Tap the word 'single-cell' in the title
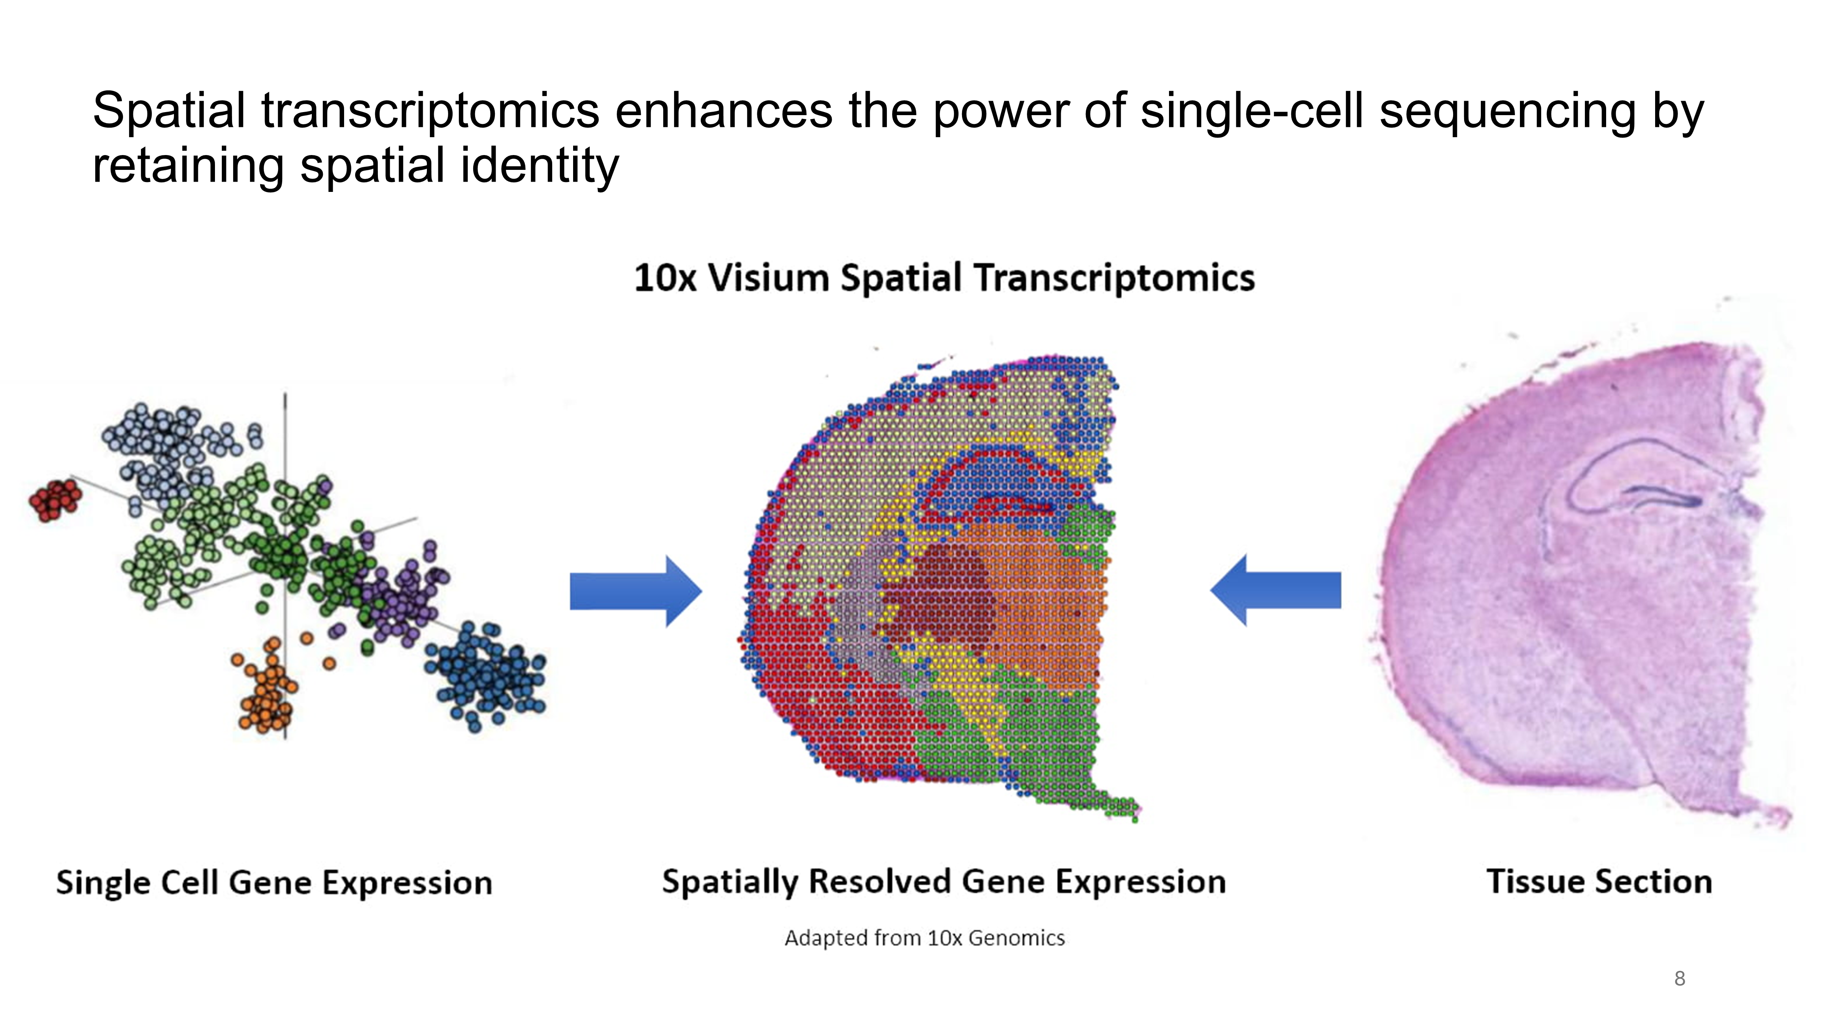pos(1251,111)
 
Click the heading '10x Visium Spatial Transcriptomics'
pos(944,277)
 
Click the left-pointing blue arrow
pos(1275,590)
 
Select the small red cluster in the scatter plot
pos(54,499)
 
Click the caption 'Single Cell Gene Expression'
pos(274,883)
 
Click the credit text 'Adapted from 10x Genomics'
pos(924,938)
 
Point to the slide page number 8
pos(1679,978)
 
